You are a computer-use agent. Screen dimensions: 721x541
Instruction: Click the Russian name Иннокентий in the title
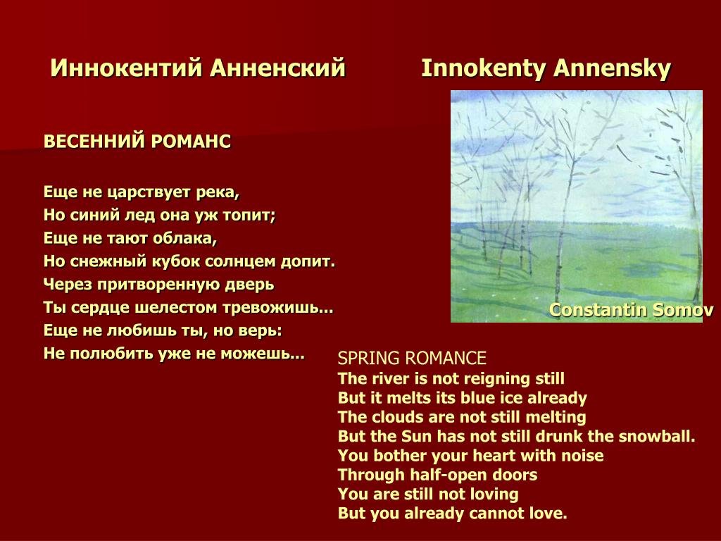click(127, 68)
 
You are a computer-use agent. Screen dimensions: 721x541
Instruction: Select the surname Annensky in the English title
click(612, 69)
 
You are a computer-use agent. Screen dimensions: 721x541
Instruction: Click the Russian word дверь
click(249, 285)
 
